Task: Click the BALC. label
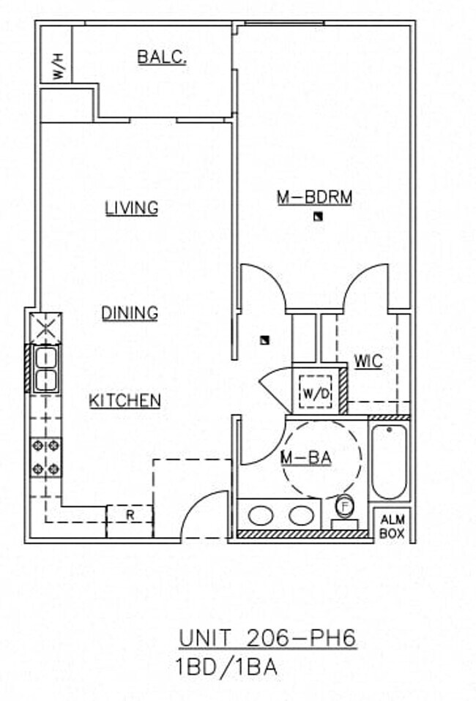(x=162, y=57)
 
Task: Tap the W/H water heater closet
(x=57, y=67)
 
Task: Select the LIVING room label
(x=132, y=208)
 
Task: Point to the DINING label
(x=130, y=313)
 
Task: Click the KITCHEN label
(x=124, y=401)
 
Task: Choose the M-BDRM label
(x=314, y=197)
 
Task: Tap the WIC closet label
(x=368, y=361)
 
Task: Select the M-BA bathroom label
(x=307, y=458)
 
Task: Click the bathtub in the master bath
(x=389, y=461)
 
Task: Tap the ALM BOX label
(x=392, y=526)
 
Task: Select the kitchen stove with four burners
(x=45, y=457)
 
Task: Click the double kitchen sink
(x=45, y=369)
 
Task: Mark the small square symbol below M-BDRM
(x=317, y=215)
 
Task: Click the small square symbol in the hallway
(x=264, y=340)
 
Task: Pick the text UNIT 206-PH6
(x=267, y=638)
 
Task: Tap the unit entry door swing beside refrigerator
(x=205, y=516)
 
